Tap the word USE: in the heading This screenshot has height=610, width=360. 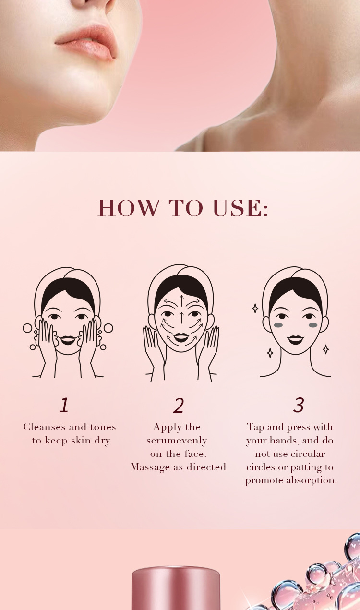(x=240, y=208)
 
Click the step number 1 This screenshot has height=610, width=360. (x=64, y=405)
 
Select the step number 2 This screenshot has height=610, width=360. (x=179, y=406)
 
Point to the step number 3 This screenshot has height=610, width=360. (x=299, y=405)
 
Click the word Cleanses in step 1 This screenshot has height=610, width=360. (x=44, y=427)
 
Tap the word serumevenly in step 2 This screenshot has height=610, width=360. (x=177, y=441)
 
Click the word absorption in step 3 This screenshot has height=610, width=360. (x=311, y=480)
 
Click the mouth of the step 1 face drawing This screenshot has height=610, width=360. (x=67, y=340)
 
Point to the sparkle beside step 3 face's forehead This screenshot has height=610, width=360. (x=255, y=308)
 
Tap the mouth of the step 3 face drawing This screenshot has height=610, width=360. (x=296, y=340)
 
